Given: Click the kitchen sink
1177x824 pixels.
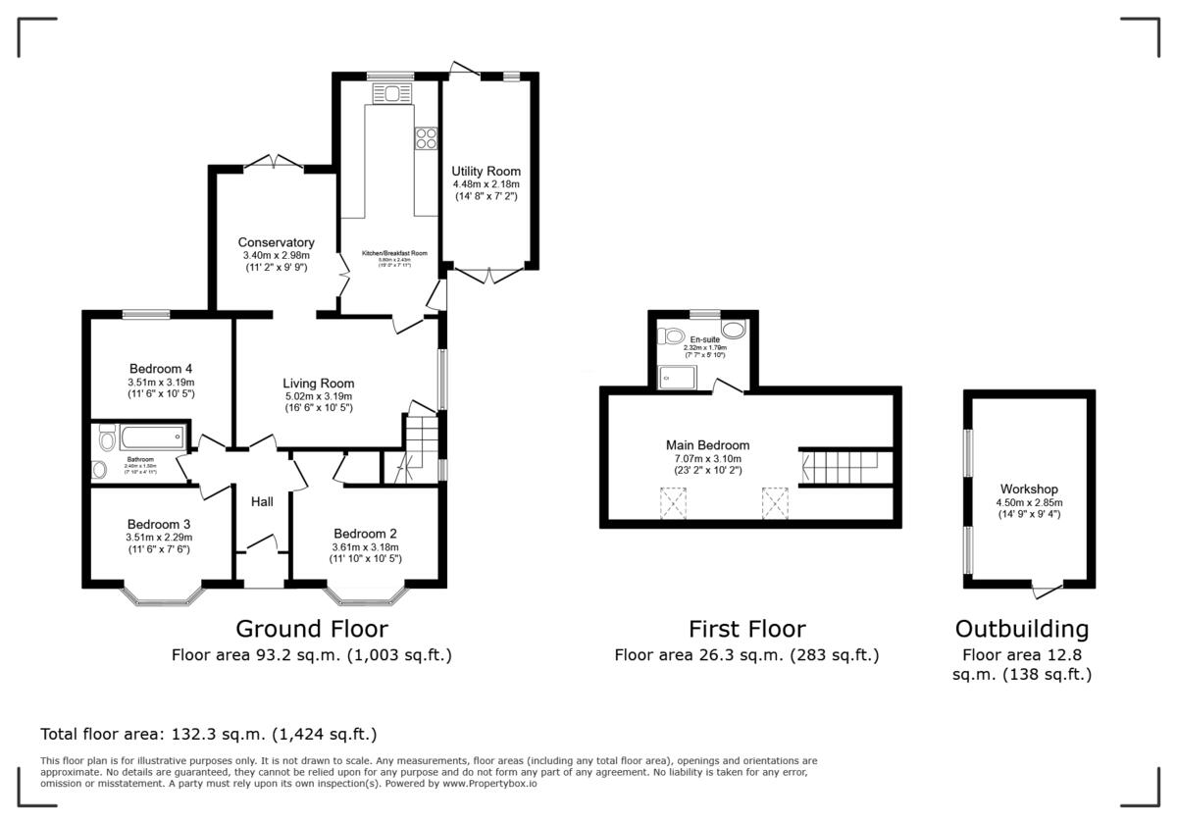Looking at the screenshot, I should pos(391,94).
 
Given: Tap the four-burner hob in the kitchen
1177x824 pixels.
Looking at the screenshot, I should pos(427,138).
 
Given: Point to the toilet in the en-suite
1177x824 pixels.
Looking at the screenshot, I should pos(673,336).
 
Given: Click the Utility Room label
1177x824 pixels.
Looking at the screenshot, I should pos(486,172).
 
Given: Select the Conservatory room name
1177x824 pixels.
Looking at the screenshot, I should pos(276,242).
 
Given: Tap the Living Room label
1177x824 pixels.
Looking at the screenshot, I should pos(318,384).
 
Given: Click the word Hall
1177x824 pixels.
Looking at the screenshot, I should pos(262,502).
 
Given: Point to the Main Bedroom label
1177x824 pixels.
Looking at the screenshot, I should pos(707,444).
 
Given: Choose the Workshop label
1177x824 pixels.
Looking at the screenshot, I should pos(1029,489).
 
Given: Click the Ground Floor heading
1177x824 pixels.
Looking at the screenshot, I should pos(312,629).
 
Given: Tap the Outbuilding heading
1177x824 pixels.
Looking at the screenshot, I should pos(1022,629).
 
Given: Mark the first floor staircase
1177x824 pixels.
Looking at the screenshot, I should pos(844,466).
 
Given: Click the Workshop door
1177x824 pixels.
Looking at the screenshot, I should pos(1047,588).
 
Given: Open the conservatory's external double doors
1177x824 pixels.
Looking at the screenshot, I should pos(273,162).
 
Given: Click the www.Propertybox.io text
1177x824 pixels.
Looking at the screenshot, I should pos(488,784).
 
